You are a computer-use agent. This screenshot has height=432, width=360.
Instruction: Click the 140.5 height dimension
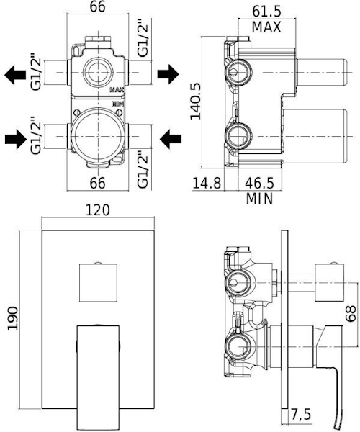click(x=196, y=101)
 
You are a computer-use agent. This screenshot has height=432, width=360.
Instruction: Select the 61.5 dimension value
click(x=266, y=12)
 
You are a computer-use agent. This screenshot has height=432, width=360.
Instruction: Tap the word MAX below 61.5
click(x=266, y=27)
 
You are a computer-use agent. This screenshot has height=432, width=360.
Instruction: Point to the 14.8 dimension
click(x=207, y=183)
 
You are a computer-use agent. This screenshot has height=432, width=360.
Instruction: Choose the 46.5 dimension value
click(x=260, y=183)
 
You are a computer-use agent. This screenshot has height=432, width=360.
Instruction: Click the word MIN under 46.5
click(x=259, y=199)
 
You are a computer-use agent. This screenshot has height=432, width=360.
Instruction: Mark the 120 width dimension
click(x=98, y=210)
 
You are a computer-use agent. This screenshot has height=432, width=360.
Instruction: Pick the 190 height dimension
click(x=13, y=318)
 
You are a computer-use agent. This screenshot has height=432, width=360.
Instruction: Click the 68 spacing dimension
click(x=351, y=314)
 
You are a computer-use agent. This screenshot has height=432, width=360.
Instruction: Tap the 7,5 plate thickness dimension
click(x=301, y=414)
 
